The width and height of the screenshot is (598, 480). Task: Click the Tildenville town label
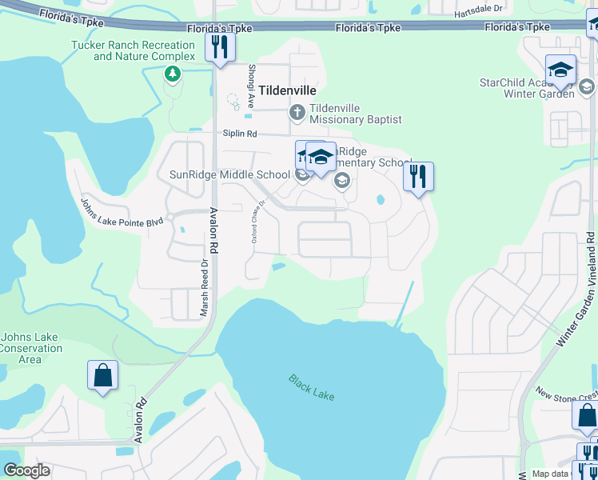(x=285, y=90)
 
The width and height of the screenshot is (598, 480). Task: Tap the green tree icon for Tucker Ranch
(x=172, y=74)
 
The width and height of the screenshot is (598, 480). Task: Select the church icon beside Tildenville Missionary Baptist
(x=297, y=113)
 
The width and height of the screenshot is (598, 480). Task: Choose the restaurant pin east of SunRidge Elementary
(x=417, y=176)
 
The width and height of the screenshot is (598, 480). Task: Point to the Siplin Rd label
(x=241, y=134)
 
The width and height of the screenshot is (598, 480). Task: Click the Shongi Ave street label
(x=250, y=86)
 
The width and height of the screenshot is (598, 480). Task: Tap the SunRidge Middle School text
(x=229, y=174)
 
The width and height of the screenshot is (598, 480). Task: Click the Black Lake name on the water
(x=312, y=388)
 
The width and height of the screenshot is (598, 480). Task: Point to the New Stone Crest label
(x=566, y=394)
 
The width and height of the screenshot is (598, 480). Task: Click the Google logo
(x=26, y=470)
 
